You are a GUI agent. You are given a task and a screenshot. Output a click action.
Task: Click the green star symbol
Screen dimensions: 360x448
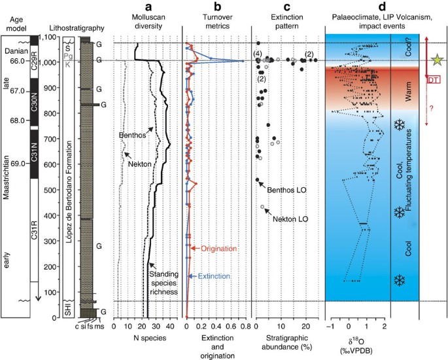pyautogui.click(x=436, y=61)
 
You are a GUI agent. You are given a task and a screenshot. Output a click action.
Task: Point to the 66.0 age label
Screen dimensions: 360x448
pyautogui.click(x=14, y=61)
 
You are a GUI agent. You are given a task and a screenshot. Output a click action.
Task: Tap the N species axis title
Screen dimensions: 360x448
pyautogui.click(x=148, y=338)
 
